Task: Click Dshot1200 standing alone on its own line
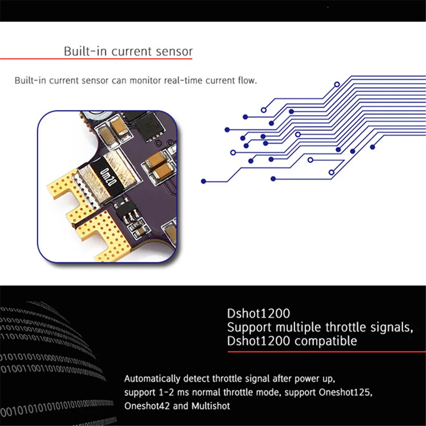258,313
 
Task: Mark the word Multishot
211,406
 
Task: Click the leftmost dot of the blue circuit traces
203,181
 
